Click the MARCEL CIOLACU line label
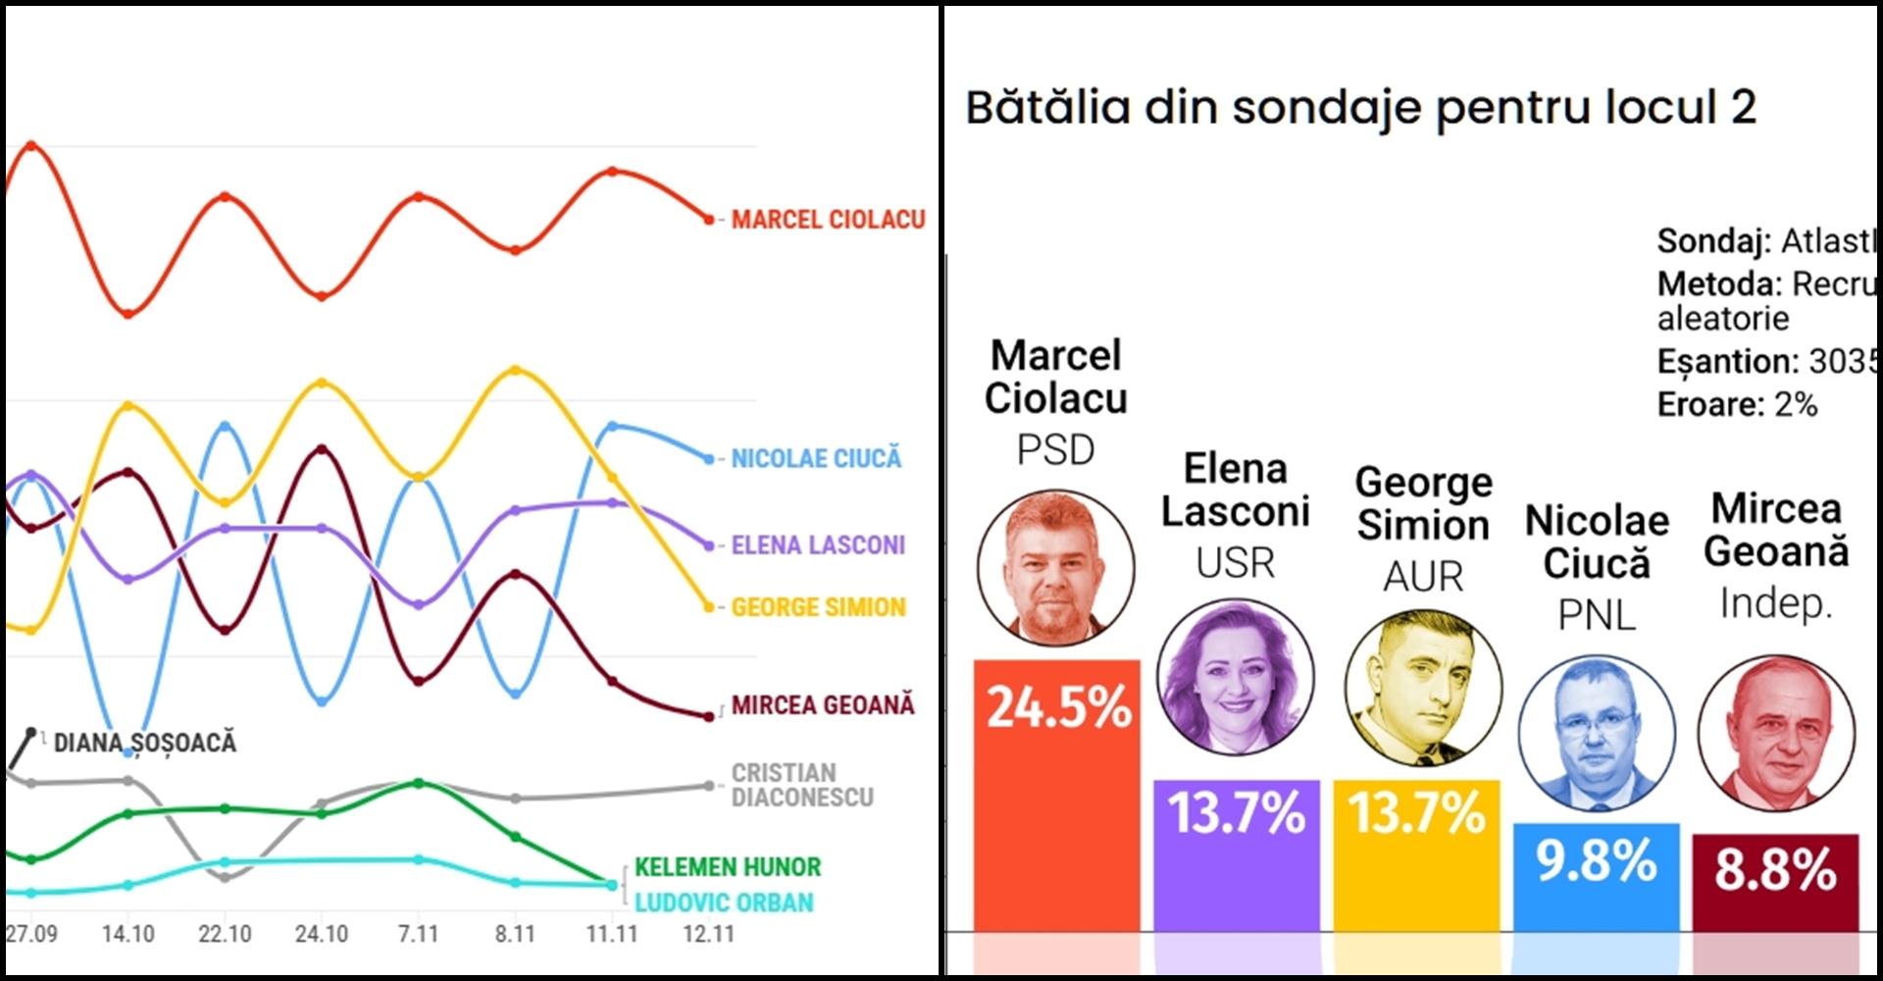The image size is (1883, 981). [828, 220]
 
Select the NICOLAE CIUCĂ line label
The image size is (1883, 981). [816, 458]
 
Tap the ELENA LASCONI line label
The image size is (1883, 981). [818, 545]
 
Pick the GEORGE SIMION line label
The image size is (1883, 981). [818, 607]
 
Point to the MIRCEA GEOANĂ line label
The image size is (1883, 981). [823, 705]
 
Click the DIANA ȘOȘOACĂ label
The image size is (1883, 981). [145, 743]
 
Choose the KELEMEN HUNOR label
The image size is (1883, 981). [728, 867]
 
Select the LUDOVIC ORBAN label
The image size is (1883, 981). [724, 903]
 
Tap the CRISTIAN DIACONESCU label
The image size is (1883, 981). [802, 785]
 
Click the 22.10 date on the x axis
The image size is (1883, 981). [225, 934]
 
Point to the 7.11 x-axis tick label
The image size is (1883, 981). [418, 934]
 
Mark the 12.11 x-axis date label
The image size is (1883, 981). [708, 934]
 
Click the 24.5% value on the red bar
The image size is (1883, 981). [1058, 707]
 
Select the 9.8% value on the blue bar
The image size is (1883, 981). [1596, 860]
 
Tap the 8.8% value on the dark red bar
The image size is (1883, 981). [1775, 869]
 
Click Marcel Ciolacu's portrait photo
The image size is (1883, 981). [1056, 568]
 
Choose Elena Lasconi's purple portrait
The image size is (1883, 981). [1236, 677]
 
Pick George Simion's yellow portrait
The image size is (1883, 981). [1423, 687]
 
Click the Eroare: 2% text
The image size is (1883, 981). [1737, 404]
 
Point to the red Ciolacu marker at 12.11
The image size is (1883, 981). [709, 220]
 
